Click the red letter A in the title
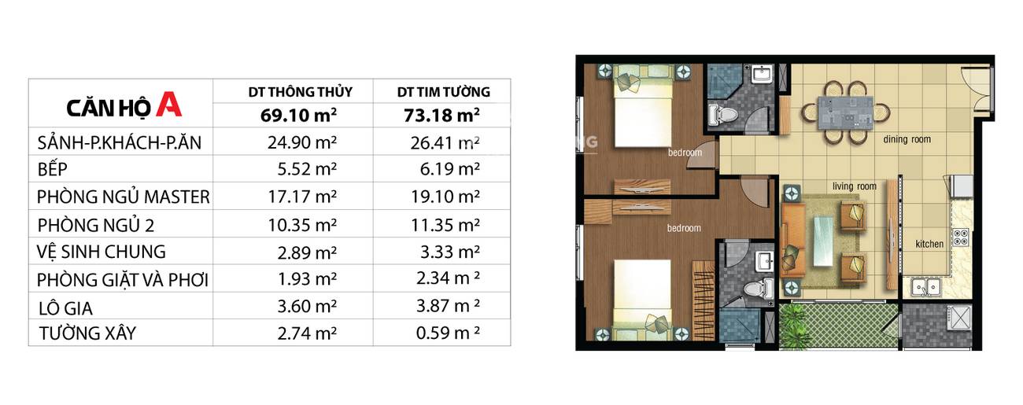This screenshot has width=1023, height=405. [x=168, y=104]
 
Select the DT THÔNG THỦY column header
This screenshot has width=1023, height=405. [x=301, y=92]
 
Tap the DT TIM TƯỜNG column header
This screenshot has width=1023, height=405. [x=444, y=92]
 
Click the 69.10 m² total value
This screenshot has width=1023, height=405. [x=299, y=115]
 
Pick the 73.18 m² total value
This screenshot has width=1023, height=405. [x=441, y=115]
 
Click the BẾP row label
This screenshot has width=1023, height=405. [x=53, y=169]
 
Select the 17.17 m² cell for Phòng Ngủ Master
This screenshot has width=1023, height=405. [x=302, y=197]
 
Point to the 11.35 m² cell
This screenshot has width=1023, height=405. [x=445, y=225]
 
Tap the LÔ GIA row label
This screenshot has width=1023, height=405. [x=66, y=308]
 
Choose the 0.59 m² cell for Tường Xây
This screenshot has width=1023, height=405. [x=448, y=333]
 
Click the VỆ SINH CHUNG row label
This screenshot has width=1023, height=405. [x=102, y=252]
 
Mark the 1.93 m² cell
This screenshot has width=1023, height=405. [x=308, y=279]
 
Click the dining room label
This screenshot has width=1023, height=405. [x=907, y=139]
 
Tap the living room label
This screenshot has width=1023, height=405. [x=855, y=186]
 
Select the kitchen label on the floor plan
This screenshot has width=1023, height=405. [x=929, y=245]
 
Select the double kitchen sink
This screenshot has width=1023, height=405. [x=925, y=287]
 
